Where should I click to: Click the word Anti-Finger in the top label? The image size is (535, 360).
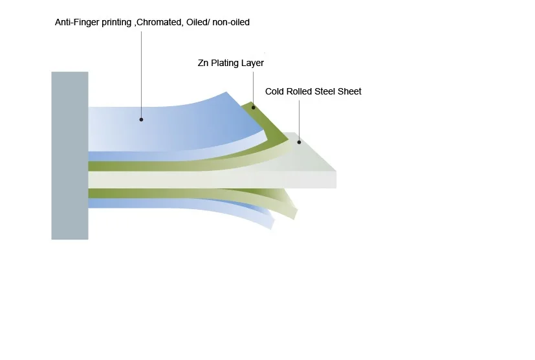pos(76,22)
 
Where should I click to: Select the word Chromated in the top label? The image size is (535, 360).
pos(158,22)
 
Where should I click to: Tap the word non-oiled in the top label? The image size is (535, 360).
pos(231,22)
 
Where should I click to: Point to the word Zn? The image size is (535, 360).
pos(203,63)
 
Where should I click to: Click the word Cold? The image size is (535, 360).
pos(274,91)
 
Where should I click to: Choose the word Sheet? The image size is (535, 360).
pos(350,91)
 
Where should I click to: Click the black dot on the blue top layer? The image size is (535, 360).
pos(141,120)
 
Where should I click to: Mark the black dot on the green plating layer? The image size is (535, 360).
pos(253,107)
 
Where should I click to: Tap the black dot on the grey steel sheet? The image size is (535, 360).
pos(300,142)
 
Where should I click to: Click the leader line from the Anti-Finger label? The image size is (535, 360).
pos(141,74)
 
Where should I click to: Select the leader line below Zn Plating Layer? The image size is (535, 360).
pos(253,89)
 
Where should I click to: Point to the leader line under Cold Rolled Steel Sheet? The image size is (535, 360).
pos(300,120)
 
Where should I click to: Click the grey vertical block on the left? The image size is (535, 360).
pos(70,155)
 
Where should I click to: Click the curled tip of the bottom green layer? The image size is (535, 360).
pos(295,214)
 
